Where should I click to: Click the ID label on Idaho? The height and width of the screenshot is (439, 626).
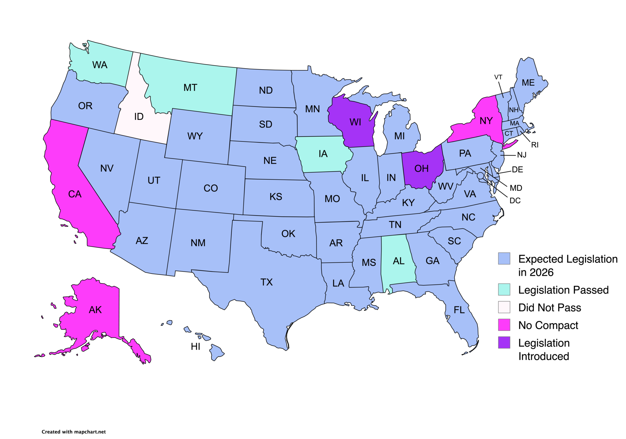(139, 117)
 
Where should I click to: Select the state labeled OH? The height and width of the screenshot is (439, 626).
(422, 169)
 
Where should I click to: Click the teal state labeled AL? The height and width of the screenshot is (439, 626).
(398, 261)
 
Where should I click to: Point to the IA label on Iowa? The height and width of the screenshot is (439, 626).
(323, 154)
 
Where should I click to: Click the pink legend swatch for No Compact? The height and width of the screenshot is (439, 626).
(504, 325)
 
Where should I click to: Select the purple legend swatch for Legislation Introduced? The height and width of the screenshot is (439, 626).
(504, 343)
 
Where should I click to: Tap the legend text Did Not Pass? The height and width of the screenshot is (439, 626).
(550, 308)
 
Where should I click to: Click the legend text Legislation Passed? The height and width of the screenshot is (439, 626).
(563, 290)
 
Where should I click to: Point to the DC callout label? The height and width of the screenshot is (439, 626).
(515, 201)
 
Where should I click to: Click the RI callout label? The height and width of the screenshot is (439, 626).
(535, 145)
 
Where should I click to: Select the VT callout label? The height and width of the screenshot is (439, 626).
(498, 77)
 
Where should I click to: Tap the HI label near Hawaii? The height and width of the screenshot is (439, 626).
(195, 347)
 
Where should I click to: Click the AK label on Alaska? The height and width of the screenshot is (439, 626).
(95, 310)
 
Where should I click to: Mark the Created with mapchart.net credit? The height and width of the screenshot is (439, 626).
(74, 432)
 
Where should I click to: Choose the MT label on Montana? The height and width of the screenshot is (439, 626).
(190, 88)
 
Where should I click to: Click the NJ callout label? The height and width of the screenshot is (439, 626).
(522, 155)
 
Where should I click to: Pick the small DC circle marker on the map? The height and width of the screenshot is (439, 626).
(481, 176)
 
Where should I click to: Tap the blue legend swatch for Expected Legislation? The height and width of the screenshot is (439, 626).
(504, 259)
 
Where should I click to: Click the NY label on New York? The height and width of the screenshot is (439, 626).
(486, 121)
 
